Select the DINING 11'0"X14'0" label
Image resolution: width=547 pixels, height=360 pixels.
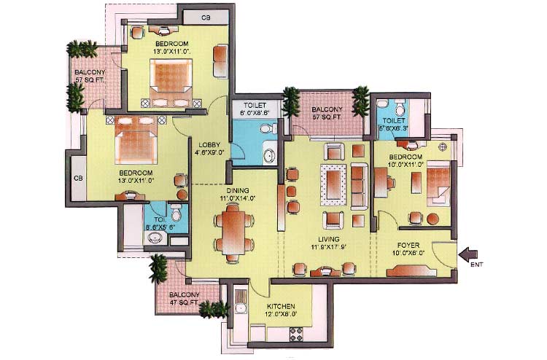click(x=232, y=193)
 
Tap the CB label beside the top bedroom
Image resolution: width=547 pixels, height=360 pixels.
click(x=197, y=16)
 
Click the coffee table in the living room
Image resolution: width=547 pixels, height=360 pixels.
click(x=335, y=185)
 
